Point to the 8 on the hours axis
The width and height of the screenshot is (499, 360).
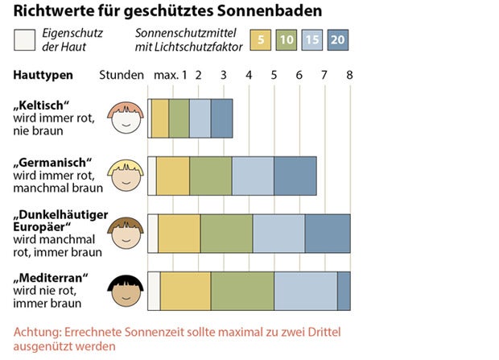(348, 75)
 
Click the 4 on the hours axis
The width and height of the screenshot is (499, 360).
(249, 75)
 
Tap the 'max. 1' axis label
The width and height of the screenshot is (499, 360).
(170, 75)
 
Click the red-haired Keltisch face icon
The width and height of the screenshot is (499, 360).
(125, 118)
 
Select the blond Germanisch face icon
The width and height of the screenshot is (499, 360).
(125, 175)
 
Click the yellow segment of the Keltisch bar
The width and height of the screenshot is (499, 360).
(160, 118)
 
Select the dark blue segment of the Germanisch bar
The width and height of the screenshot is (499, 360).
(295, 176)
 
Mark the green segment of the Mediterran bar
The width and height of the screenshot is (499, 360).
(242, 291)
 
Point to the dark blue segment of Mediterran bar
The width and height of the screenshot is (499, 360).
(344, 291)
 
